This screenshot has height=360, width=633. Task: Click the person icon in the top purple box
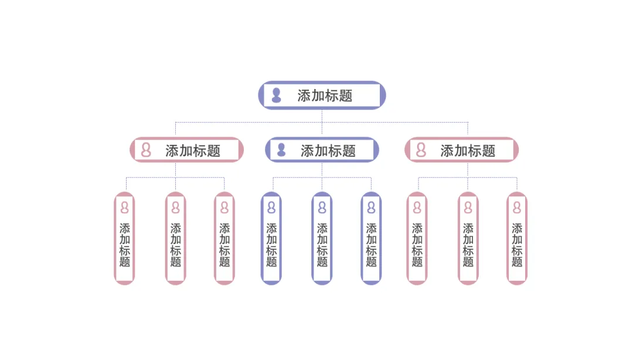(x=277, y=96)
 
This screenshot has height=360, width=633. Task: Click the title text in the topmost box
(x=325, y=96)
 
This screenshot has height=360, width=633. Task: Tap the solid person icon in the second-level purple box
(x=281, y=150)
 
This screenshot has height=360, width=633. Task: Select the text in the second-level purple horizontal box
(x=328, y=151)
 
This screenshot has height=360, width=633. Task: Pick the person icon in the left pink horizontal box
(x=146, y=150)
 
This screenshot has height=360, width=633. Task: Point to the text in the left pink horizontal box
(x=193, y=151)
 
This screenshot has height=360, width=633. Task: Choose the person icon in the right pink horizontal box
(x=421, y=150)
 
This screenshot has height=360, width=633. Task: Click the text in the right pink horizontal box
(x=468, y=151)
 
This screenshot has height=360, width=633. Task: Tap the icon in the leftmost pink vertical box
(x=125, y=208)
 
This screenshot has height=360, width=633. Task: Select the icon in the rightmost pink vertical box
(x=517, y=208)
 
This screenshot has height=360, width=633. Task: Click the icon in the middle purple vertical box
(x=322, y=208)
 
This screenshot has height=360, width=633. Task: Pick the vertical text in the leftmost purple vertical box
(x=271, y=245)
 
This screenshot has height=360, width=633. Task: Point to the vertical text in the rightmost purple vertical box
(x=371, y=245)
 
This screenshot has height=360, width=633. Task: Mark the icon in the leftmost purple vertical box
(x=271, y=208)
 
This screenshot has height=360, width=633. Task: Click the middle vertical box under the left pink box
(x=176, y=239)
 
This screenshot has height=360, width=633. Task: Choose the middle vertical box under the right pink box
(x=468, y=239)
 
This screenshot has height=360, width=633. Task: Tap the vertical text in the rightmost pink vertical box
(x=517, y=245)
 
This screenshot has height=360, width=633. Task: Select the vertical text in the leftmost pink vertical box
(x=125, y=245)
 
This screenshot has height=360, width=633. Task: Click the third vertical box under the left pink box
(x=224, y=239)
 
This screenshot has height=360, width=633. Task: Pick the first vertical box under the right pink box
(x=417, y=239)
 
